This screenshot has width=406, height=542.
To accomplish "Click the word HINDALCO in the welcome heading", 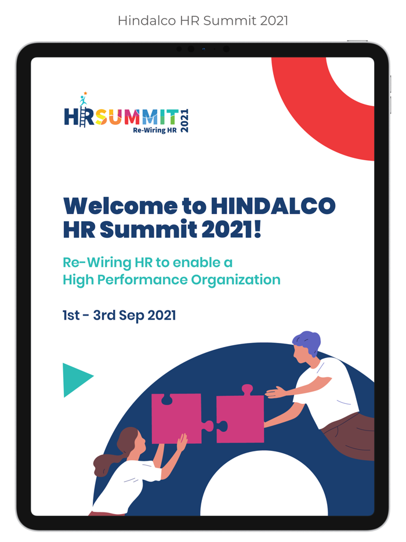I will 273,206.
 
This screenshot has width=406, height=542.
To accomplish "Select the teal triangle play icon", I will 75,380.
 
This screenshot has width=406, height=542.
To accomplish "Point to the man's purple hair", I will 307,342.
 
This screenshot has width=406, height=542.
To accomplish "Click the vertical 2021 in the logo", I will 185,120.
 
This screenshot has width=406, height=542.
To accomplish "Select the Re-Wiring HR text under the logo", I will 154,129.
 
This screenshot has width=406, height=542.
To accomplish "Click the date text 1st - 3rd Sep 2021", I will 119,316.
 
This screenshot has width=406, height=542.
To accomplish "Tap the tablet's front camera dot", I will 203,49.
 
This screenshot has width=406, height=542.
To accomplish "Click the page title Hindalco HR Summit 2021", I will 203,21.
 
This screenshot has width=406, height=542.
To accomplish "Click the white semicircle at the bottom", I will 264,487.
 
